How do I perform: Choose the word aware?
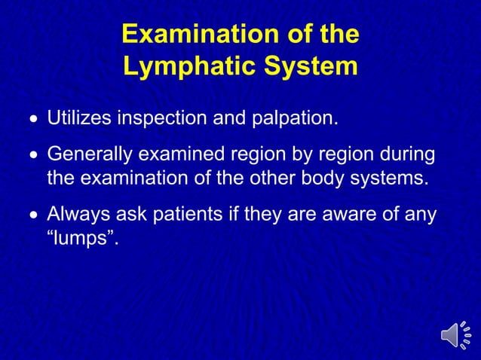point(356,215)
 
